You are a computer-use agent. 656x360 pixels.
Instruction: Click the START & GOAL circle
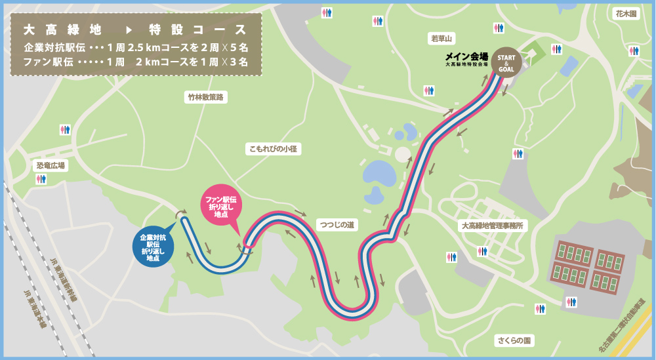click(506, 62)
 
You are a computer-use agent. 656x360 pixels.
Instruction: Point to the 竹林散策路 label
click(205, 97)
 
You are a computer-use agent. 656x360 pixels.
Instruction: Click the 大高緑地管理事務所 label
click(494, 225)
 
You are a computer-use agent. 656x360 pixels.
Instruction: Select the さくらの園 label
click(514, 340)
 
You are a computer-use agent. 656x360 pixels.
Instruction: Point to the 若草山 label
click(442, 39)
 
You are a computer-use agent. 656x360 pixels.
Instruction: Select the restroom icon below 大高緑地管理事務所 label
click(483, 251)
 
